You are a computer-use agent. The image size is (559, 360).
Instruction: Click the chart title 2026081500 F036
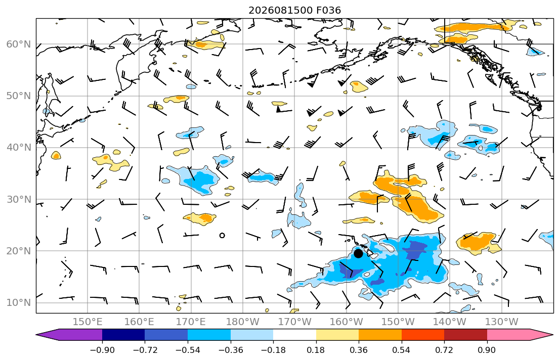tap(294, 10)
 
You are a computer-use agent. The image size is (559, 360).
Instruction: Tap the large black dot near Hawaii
tap(358, 253)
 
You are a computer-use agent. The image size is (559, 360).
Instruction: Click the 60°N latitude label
tap(19, 44)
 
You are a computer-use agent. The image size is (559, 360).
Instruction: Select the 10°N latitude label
tap(19, 303)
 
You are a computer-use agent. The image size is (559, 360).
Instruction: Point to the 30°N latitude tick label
tap(19, 199)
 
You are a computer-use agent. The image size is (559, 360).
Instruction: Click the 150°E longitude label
tap(88, 322)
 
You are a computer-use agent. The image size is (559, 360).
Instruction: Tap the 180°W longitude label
tap(243, 322)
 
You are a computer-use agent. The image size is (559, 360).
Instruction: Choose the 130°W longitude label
tap(502, 322)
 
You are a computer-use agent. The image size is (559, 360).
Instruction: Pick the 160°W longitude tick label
tap(346, 322)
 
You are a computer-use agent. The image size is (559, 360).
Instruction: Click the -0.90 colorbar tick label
tap(102, 350)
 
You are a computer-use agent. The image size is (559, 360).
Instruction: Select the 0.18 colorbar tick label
tap(316, 350)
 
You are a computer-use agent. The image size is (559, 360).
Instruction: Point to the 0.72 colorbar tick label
tap(444, 350)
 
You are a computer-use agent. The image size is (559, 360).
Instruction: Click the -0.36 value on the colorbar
tap(230, 350)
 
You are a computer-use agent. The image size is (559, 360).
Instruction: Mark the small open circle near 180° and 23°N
tap(222, 235)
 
